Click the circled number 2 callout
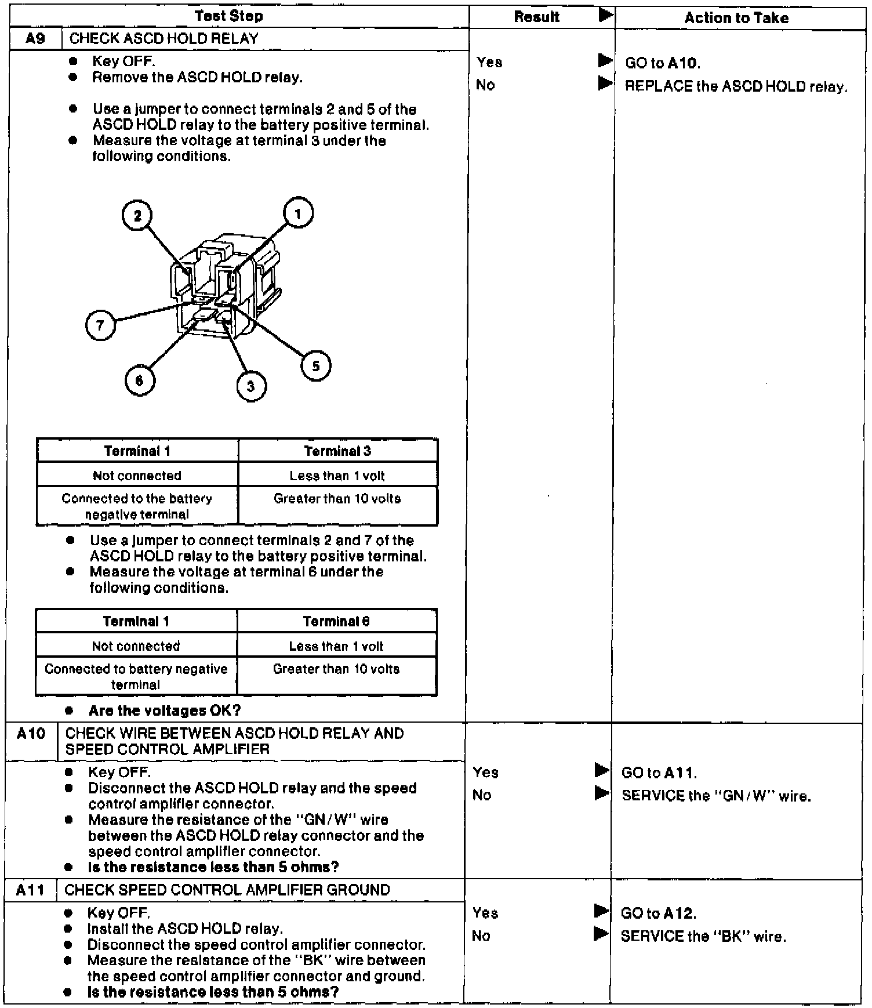(x=137, y=216)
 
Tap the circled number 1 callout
(x=298, y=213)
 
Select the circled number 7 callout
(x=100, y=325)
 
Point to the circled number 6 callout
(x=139, y=380)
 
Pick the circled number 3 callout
(x=251, y=386)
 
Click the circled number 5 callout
(x=316, y=366)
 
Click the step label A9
(x=36, y=39)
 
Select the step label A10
(x=31, y=734)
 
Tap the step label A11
(x=30, y=890)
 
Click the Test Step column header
(x=229, y=16)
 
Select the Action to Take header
(x=736, y=18)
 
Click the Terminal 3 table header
(x=337, y=451)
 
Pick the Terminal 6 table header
(x=336, y=621)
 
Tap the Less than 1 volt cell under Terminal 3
(x=337, y=476)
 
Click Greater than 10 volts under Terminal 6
(x=336, y=669)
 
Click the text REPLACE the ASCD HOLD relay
(x=736, y=87)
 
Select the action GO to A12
(x=658, y=913)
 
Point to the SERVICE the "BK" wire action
(x=703, y=936)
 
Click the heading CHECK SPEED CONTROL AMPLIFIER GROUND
(x=227, y=890)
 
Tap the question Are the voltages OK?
(x=165, y=710)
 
